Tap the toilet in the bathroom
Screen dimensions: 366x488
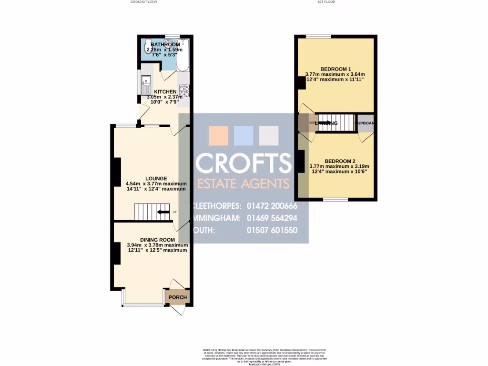[x=148, y=47]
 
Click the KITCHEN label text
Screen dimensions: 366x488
[x=165, y=91]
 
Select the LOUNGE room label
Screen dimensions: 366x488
[x=156, y=178]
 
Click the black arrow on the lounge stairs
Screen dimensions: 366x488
[x=163, y=212]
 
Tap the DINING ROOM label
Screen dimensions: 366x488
[x=157, y=240]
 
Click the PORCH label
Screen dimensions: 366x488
[x=178, y=297]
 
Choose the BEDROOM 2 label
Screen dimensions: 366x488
[x=340, y=161]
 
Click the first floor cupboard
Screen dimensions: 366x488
[x=365, y=123]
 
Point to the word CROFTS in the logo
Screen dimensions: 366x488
[x=244, y=163]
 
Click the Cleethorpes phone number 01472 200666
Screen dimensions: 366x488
[x=272, y=206]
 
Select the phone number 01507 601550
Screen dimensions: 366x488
[x=272, y=230]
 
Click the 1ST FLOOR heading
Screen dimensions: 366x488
[x=326, y=2]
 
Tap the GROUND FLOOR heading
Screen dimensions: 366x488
[x=143, y=2]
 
